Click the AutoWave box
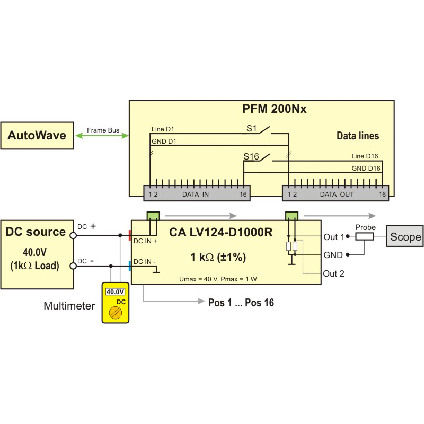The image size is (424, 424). (x=37, y=135)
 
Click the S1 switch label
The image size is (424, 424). (x=253, y=128)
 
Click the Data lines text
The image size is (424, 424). (x=358, y=136)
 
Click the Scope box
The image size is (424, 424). (x=405, y=236)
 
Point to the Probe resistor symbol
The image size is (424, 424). (x=365, y=236)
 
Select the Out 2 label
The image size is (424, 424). (x=334, y=273)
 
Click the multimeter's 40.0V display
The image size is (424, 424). (x=115, y=291)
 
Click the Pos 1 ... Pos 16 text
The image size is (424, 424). (x=239, y=303)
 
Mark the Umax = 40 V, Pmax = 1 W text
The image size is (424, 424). (x=218, y=278)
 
